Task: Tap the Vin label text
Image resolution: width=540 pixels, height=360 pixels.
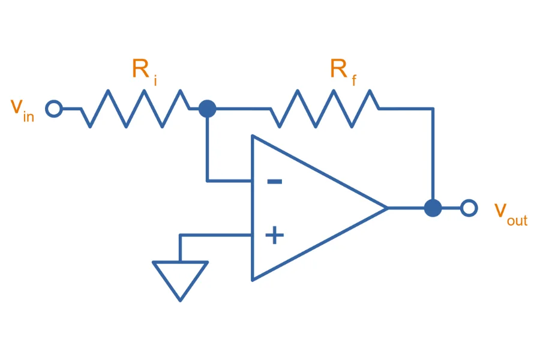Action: pos(22,110)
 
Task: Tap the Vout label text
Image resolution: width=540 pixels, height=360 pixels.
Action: pos(511,215)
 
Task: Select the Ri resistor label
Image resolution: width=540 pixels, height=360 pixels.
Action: pos(145,71)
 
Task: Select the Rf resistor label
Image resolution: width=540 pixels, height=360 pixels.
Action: pos(343,71)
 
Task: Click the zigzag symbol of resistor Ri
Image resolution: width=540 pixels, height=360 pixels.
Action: pos(136,109)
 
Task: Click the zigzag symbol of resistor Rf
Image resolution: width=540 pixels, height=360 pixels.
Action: pos(325,109)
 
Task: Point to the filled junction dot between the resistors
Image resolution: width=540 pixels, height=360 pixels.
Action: pos(208,109)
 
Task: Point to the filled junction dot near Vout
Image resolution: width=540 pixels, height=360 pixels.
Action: pos(433,208)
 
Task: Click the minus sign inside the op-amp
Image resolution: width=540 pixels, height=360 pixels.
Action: pos(274,182)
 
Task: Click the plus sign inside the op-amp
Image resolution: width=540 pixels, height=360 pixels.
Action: pos(274,235)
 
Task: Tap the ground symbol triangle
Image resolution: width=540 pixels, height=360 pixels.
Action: pos(180,281)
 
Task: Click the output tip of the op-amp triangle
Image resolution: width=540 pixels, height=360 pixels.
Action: pos(388,208)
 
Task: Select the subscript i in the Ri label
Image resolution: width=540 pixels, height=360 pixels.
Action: pos(155,80)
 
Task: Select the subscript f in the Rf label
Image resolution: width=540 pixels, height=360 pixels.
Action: pos(354,80)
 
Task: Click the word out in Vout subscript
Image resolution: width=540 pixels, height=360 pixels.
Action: pos(517,221)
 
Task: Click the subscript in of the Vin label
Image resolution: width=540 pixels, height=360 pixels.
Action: pos(29,116)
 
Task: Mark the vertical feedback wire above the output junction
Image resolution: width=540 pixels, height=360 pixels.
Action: pos(433,154)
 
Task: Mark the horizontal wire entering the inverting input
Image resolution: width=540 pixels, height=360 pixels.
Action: pos(229,181)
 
